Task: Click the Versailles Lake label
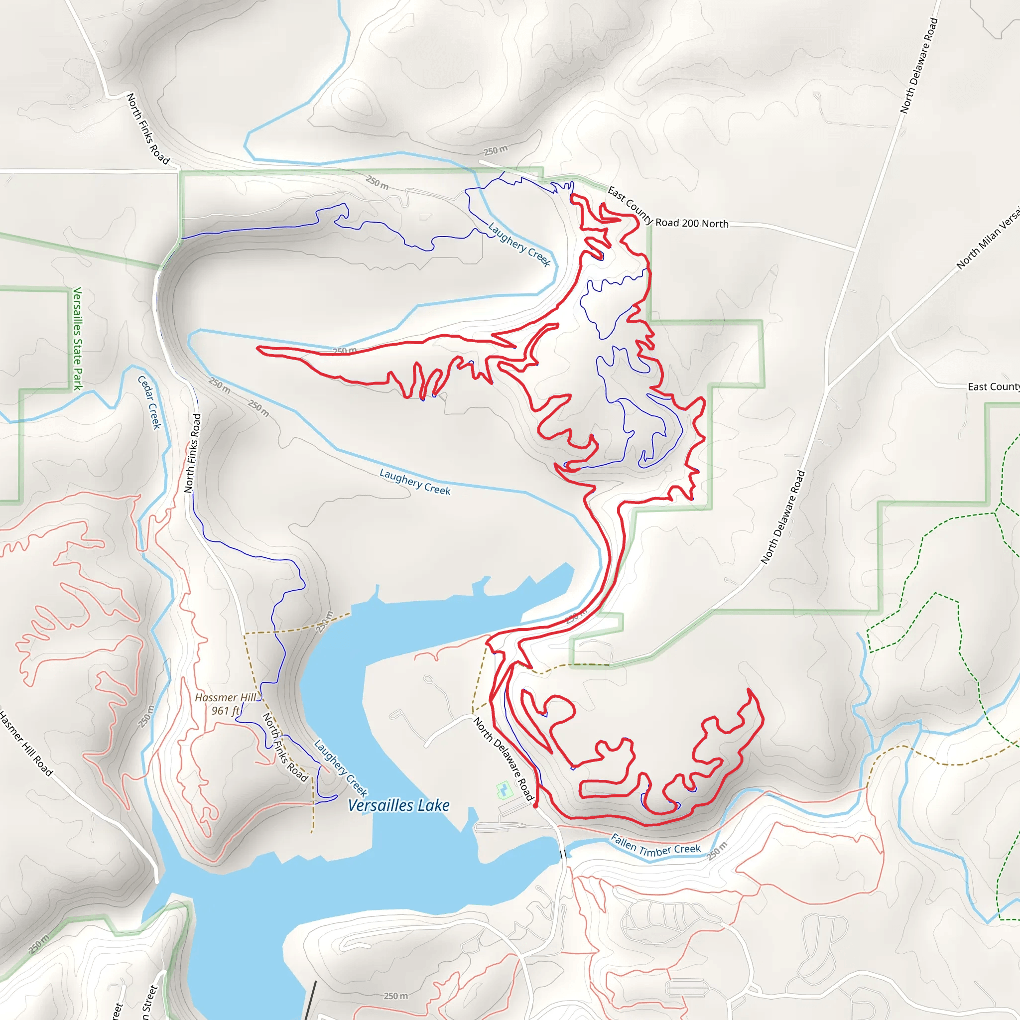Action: [x=398, y=806]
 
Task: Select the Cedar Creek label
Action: [x=149, y=402]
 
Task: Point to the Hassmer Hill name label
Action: [x=226, y=697]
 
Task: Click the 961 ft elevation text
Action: [x=226, y=711]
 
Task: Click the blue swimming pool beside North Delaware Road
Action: [x=504, y=790]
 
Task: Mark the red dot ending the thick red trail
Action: [x=535, y=806]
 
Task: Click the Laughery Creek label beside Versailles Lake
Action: [x=341, y=768]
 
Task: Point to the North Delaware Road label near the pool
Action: [x=504, y=759]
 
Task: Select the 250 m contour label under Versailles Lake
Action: [x=396, y=996]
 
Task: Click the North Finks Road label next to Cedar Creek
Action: [x=193, y=453]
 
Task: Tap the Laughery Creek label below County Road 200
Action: [x=519, y=245]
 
